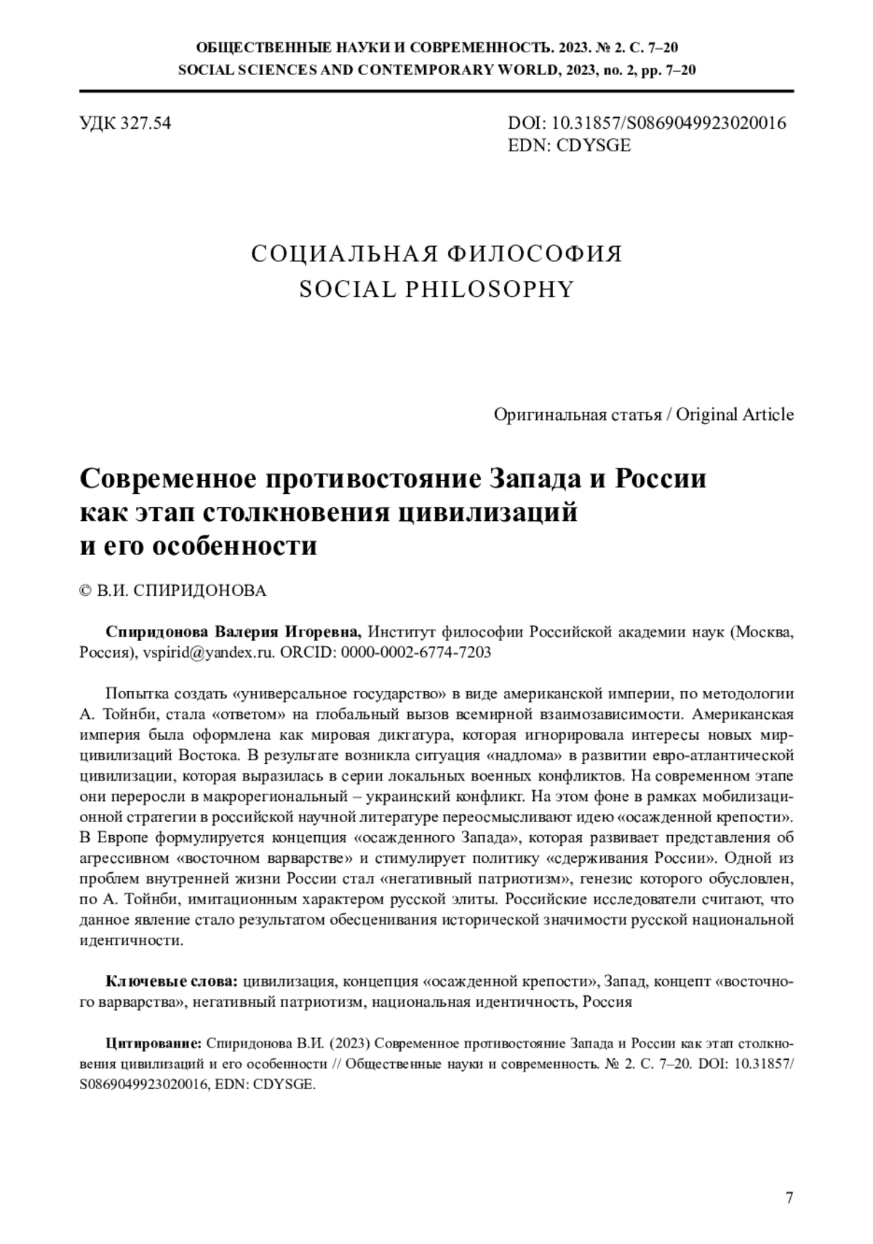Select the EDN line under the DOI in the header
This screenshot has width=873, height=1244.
[x=569, y=145]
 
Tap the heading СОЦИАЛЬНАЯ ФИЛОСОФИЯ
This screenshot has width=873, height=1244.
[x=436, y=255]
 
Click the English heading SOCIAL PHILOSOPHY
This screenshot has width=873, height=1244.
[x=436, y=290]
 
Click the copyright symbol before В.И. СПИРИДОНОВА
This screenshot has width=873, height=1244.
[x=84, y=591]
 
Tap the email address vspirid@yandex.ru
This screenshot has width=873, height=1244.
[x=209, y=652]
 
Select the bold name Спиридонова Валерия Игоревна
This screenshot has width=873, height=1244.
[x=233, y=631]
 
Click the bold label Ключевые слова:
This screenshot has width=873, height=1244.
[x=172, y=981]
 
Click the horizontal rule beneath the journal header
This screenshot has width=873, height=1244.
[x=436, y=91]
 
